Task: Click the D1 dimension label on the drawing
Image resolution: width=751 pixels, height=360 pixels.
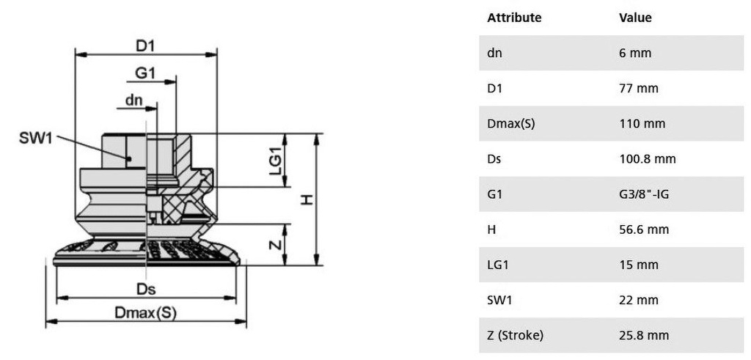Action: (x=147, y=45)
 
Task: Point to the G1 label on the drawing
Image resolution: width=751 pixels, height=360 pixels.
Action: (x=145, y=73)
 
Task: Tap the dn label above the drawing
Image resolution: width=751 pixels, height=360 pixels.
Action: (x=134, y=100)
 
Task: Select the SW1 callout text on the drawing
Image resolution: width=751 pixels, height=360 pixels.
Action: (x=35, y=139)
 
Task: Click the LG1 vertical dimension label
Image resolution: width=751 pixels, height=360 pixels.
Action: (x=276, y=160)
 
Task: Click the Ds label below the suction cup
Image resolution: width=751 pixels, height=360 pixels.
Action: (x=147, y=290)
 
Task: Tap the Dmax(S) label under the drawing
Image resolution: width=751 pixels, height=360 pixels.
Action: (x=146, y=313)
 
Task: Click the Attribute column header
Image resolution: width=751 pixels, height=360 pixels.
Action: (x=514, y=18)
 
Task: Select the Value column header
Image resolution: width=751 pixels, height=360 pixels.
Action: (x=635, y=18)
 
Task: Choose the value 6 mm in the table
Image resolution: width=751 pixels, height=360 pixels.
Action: (x=635, y=53)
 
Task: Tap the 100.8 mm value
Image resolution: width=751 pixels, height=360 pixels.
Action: (x=647, y=159)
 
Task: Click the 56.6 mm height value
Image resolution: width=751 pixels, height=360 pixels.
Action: (x=644, y=229)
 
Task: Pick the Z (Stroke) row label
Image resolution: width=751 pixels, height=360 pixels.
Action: (x=516, y=336)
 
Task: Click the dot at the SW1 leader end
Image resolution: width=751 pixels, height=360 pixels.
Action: (x=129, y=158)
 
